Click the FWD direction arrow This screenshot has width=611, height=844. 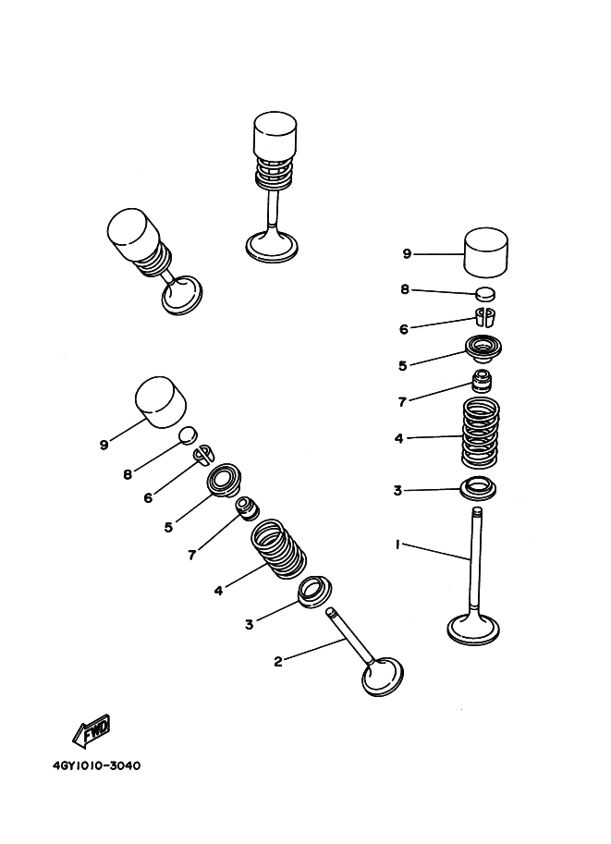pyautogui.click(x=92, y=731)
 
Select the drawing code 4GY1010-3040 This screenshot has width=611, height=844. pyautogui.click(x=97, y=765)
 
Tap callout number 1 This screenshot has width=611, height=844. pyautogui.click(x=397, y=544)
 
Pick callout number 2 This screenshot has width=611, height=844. pyautogui.click(x=278, y=662)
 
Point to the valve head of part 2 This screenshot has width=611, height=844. pyautogui.click(x=383, y=677)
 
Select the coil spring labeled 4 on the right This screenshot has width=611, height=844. pyautogui.click(x=481, y=433)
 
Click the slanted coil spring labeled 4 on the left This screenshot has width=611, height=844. pyautogui.click(x=279, y=549)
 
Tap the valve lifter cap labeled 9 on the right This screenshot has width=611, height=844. pyautogui.click(x=486, y=252)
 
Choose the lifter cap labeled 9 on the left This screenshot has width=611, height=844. pyautogui.click(x=161, y=402)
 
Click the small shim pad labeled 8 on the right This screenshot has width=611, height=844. pyautogui.click(x=485, y=294)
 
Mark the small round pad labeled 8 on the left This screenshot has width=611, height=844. pyautogui.click(x=189, y=434)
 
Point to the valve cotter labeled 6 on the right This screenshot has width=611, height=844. pyautogui.click(x=484, y=317)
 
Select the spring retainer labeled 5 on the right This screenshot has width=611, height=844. pyautogui.click(x=483, y=350)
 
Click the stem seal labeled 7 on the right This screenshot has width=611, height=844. pyautogui.click(x=483, y=382)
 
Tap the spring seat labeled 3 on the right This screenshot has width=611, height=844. pyautogui.click(x=478, y=489)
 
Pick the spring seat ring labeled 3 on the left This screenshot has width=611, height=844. pyautogui.click(x=315, y=592)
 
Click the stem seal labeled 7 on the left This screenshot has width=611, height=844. pyautogui.click(x=248, y=509)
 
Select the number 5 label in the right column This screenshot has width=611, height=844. pyautogui.click(x=402, y=365)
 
